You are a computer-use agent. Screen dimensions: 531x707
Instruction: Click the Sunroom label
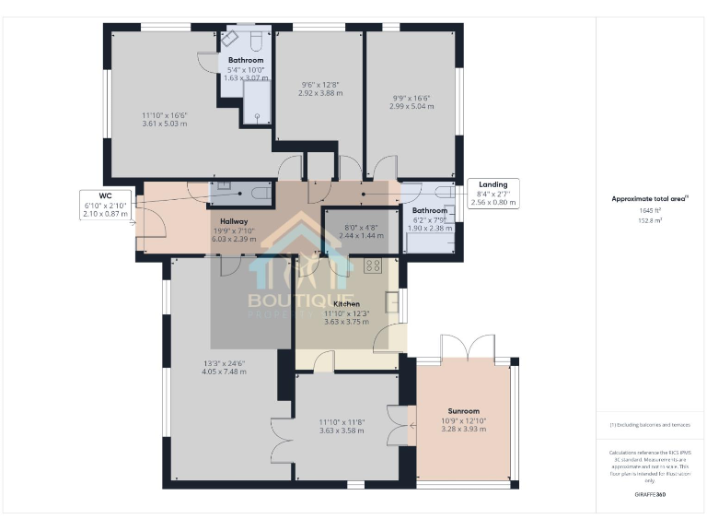(x=463, y=411)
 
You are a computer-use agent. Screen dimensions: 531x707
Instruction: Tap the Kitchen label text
(x=346, y=303)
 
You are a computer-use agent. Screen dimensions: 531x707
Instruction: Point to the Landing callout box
(x=493, y=192)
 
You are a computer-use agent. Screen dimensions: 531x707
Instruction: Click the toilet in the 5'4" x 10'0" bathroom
(x=257, y=41)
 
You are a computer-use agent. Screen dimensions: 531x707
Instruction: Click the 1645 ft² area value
(x=650, y=210)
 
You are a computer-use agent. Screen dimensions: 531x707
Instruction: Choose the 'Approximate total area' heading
(x=650, y=198)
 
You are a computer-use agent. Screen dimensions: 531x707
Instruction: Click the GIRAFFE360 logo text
(x=650, y=495)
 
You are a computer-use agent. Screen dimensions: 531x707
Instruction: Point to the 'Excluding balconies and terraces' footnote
(x=650, y=425)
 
